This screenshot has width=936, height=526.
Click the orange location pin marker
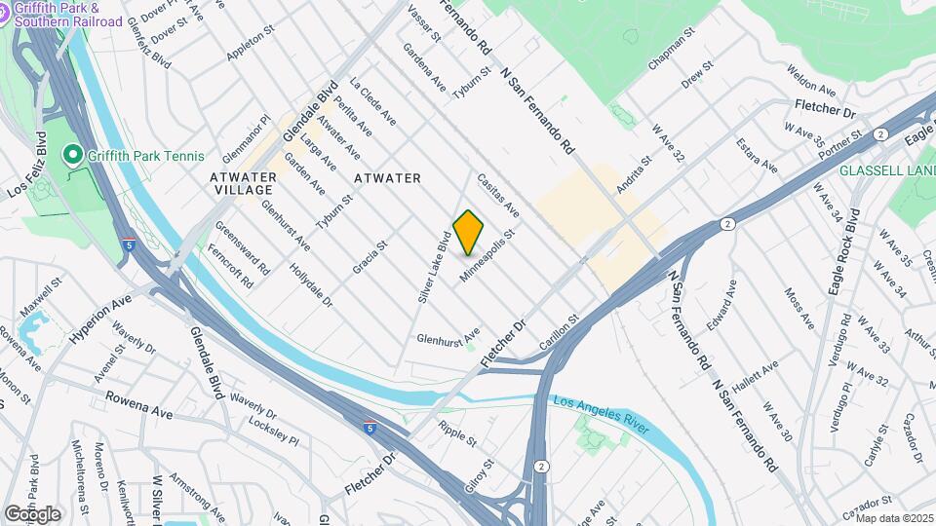click(469, 232)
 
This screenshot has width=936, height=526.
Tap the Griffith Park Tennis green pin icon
click(71, 155)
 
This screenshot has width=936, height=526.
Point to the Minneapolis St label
click(487, 258)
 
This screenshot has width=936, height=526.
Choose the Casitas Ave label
click(497, 196)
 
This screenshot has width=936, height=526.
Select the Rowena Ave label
click(139, 405)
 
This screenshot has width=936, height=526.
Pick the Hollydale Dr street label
click(312, 286)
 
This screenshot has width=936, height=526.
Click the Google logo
click(32, 513)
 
